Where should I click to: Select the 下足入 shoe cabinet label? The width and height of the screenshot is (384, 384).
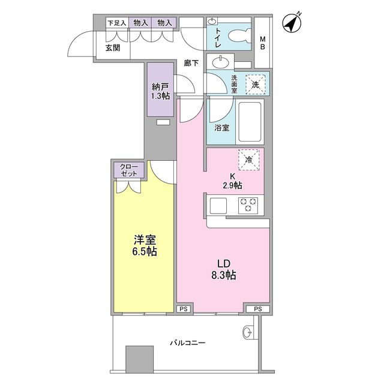coord(116,23)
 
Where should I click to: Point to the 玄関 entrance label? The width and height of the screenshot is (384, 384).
coord(112,47)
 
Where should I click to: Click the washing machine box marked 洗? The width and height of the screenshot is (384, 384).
coord(256,83)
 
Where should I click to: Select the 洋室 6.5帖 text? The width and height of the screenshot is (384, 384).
coord(145,245)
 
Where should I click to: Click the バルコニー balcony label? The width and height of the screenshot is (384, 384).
coord(188,343)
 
